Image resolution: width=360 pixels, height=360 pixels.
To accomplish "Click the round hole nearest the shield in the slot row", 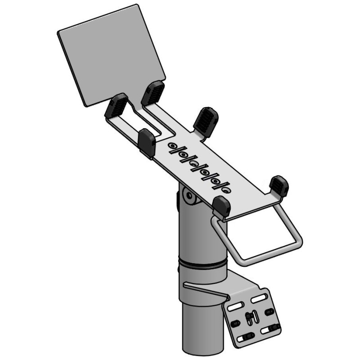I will (172, 145).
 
